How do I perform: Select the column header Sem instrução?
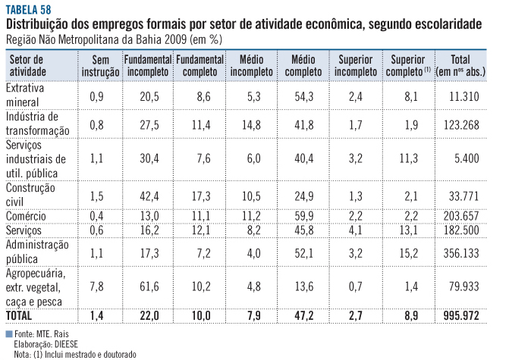click(x=101, y=66)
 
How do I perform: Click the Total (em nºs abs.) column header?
click(x=460, y=66)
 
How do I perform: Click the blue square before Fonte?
click(x=8, y=333)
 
